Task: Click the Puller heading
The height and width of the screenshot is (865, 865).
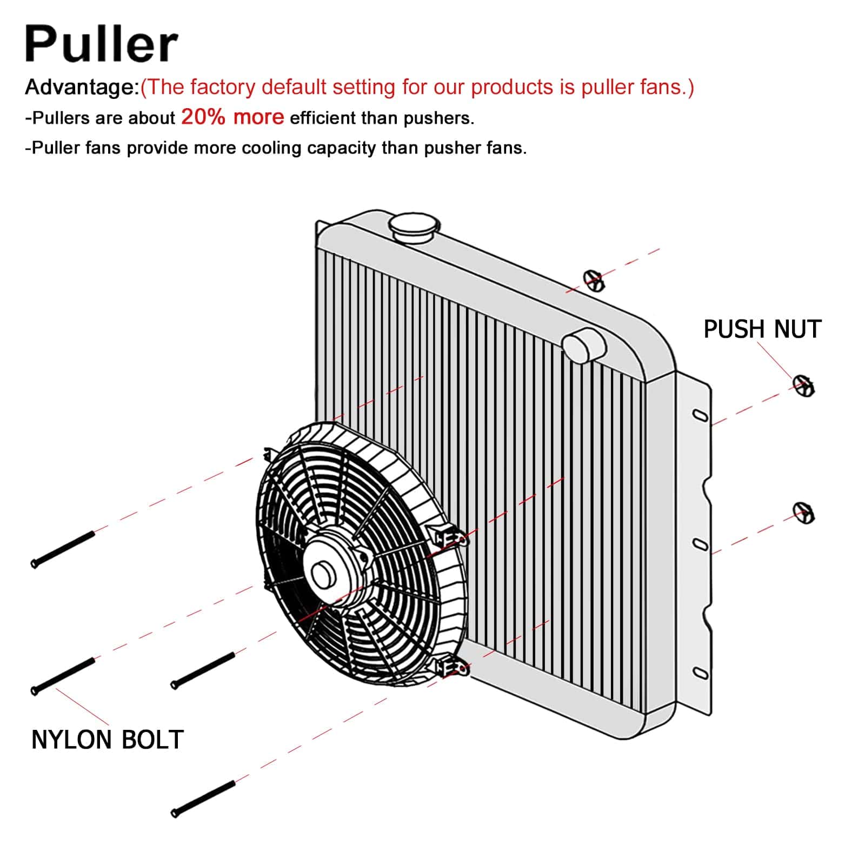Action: point(101,43)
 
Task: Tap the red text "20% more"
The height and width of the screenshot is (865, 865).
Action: point(232,117)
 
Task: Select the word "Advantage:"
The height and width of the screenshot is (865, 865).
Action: point(82,87)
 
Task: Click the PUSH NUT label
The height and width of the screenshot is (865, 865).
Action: point(762,329)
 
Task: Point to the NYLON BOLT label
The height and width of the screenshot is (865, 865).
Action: point(108,740)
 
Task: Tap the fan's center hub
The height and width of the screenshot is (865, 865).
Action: point(323,574)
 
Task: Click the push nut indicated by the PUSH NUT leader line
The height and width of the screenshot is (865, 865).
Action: point(804,385)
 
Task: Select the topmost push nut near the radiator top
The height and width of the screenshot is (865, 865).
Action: point(594,280)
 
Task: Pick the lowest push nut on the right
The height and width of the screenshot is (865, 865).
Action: point(804,513)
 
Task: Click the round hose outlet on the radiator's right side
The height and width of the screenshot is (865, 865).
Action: point(583,345)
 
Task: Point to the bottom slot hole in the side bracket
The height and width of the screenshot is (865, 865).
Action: point(701,673)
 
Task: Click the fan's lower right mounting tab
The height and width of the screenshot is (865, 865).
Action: point(451,669)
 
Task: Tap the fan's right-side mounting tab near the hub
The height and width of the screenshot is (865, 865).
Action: point(447,535)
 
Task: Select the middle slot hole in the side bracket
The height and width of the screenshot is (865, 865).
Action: point(701,544)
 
